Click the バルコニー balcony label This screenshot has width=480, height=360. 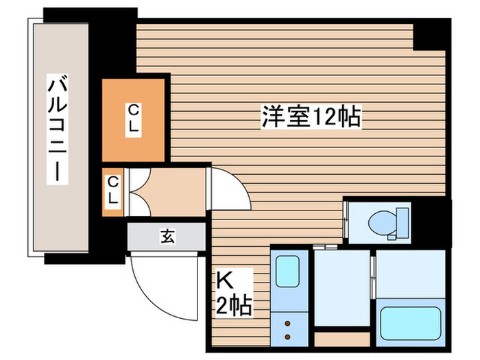[x=58, y=130]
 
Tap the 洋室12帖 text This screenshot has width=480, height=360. [x=311, y=117]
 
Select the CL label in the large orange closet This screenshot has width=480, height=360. [x=134, y=119]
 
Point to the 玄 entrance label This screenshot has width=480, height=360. [x=167, y=237]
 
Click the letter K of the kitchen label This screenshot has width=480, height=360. [x=225, y=280]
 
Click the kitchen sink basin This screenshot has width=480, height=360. [x=287, y=272]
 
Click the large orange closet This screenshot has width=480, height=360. [x=134, y=119]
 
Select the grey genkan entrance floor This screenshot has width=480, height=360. [x=167, y=237]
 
